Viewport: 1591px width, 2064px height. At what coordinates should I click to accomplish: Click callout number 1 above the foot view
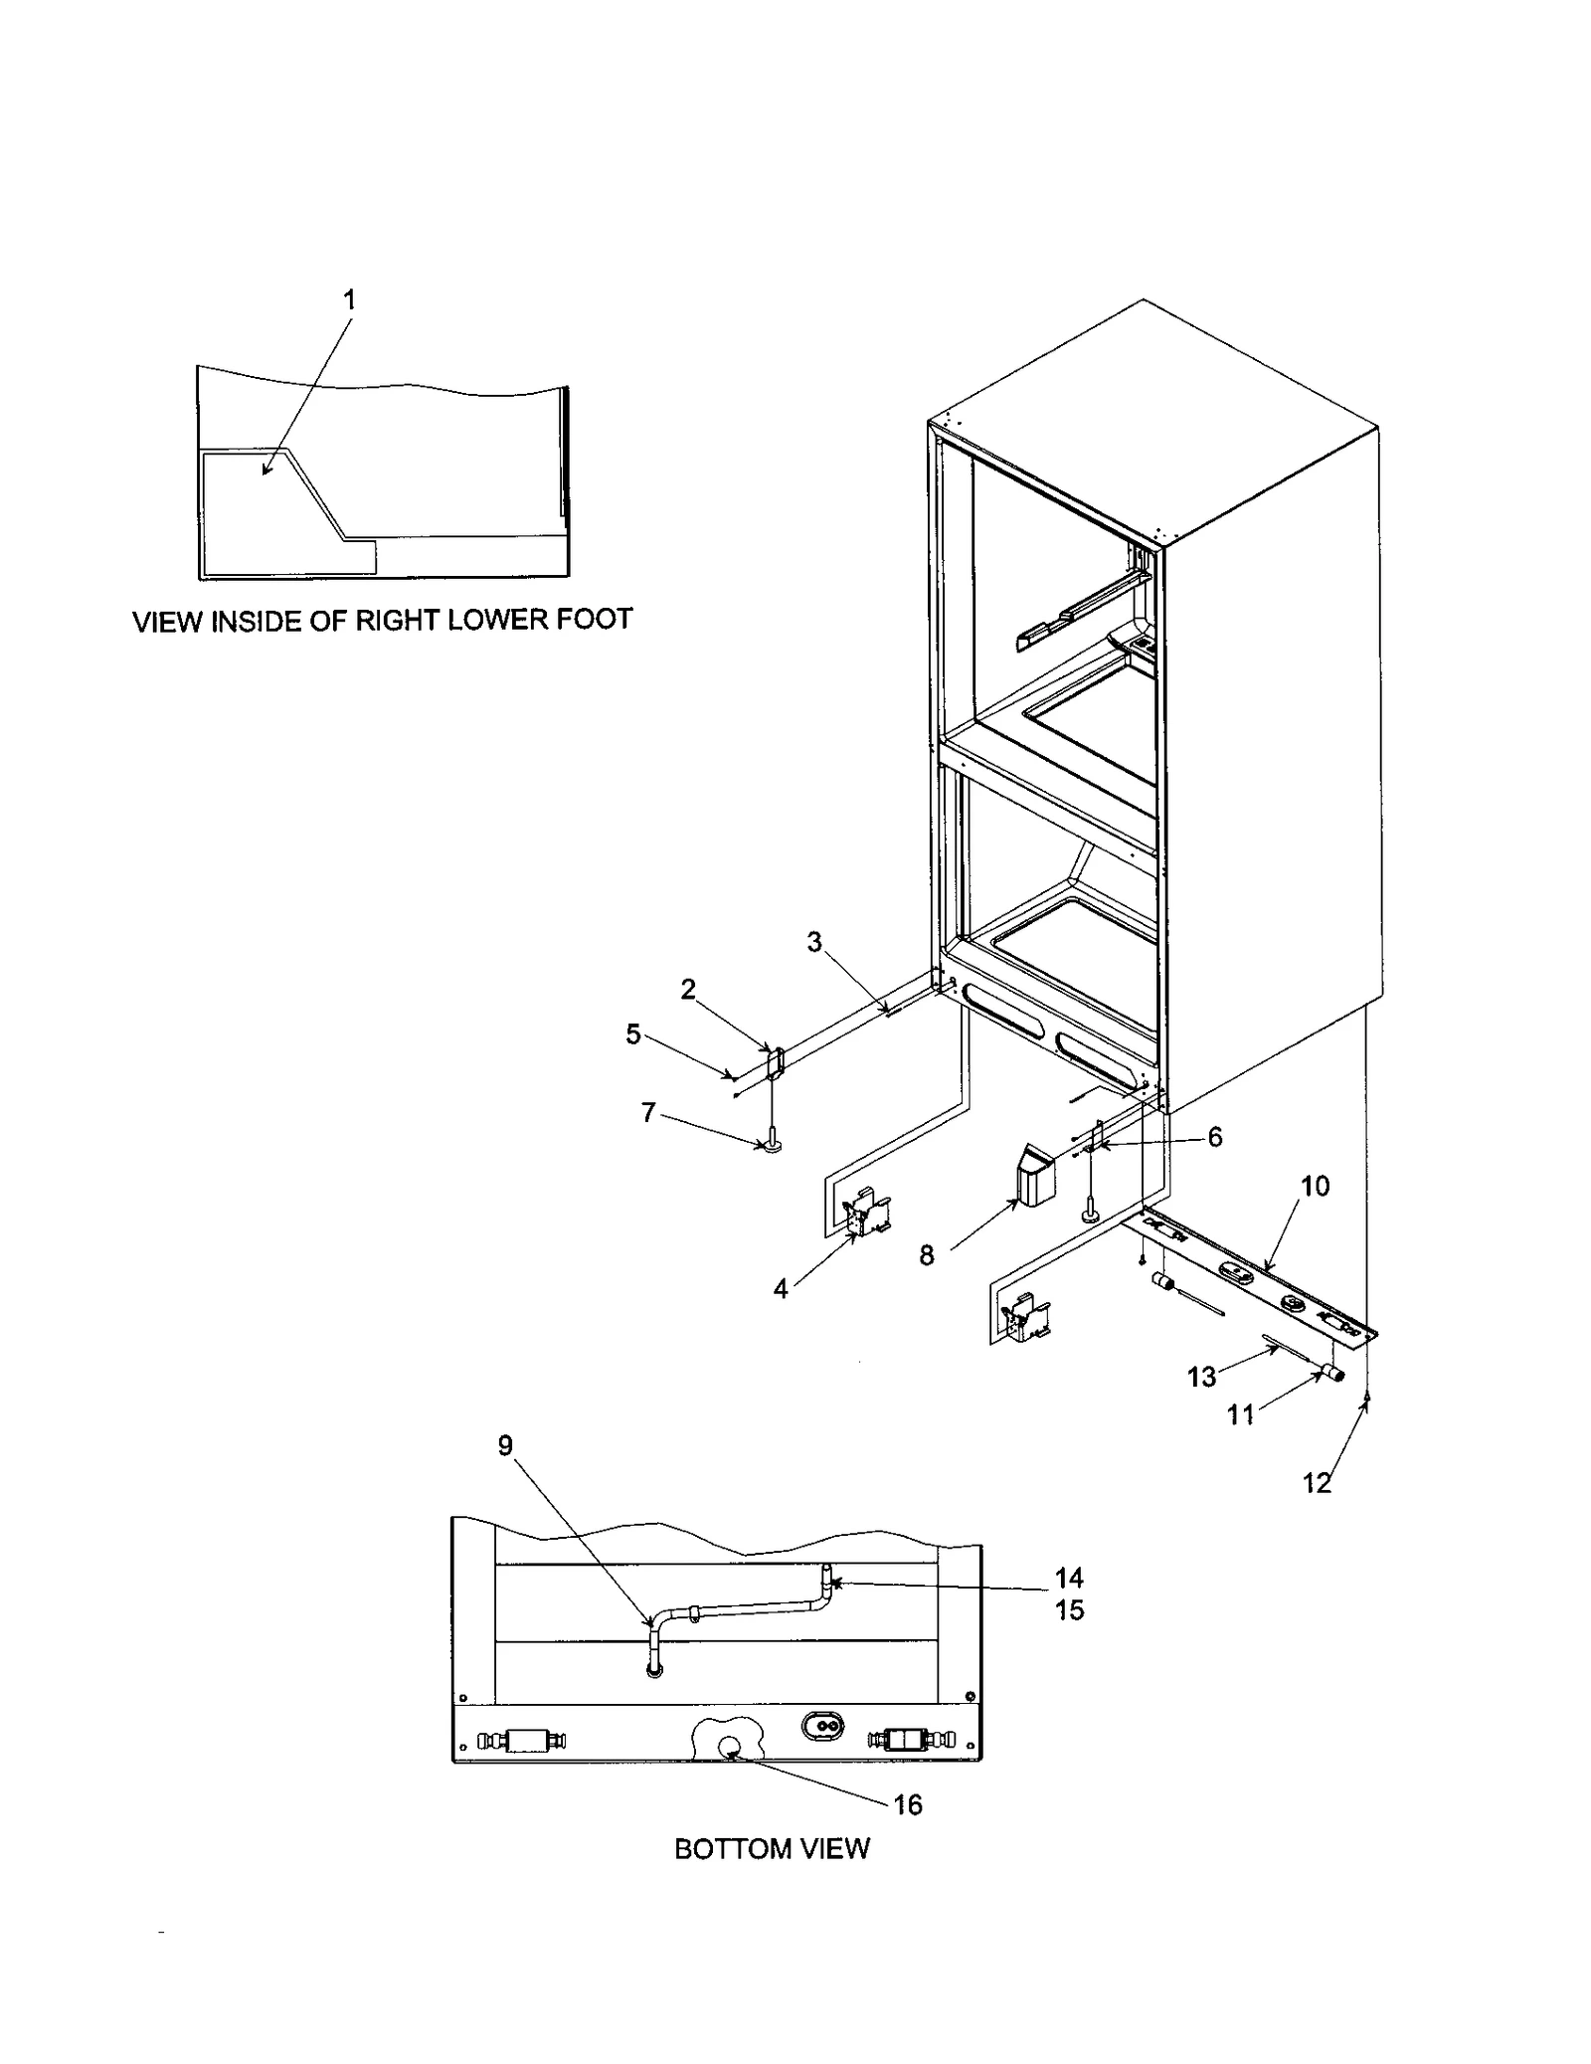[x=349, y=299]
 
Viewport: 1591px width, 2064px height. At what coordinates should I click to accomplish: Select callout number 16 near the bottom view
[x=908, y=1804]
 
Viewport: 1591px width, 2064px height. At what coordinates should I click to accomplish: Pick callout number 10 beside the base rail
[x=1315, y=1186]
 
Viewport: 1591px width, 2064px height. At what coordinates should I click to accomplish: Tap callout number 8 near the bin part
[x=926, y=1256]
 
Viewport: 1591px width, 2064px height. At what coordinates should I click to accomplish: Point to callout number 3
[x=814, y=941]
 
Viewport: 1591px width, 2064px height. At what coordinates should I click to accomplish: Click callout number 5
[x=633, y=1033]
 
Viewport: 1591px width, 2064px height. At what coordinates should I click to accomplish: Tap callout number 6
[x=1215, y=1137]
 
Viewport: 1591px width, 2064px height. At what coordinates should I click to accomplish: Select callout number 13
[x=1201, y=1377]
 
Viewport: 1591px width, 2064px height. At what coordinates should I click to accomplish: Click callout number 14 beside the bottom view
[x=1069, y=1578]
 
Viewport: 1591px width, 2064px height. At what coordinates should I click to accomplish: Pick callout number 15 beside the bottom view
[x=1069, y=1610]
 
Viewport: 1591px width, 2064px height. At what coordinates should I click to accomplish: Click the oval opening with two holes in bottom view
[x=821, y=1726]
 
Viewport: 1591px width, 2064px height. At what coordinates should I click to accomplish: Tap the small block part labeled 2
[x=775, y=1061]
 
